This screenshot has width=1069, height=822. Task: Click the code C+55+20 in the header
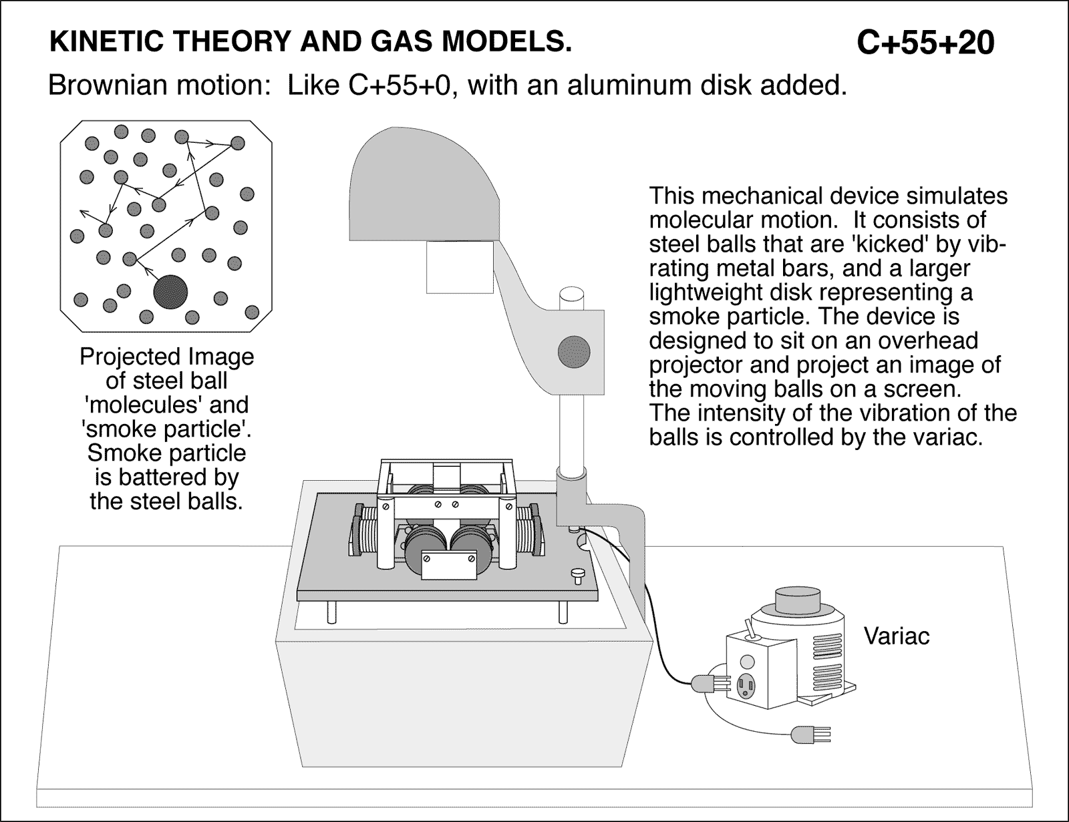925,43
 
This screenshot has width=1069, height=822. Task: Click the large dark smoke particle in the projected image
170,292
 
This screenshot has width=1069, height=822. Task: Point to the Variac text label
897,636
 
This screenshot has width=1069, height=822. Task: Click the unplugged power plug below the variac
804,735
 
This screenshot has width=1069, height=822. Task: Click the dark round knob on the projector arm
574,350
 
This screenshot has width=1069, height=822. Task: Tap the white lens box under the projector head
460,266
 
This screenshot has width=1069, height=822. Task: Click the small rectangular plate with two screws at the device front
446,565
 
